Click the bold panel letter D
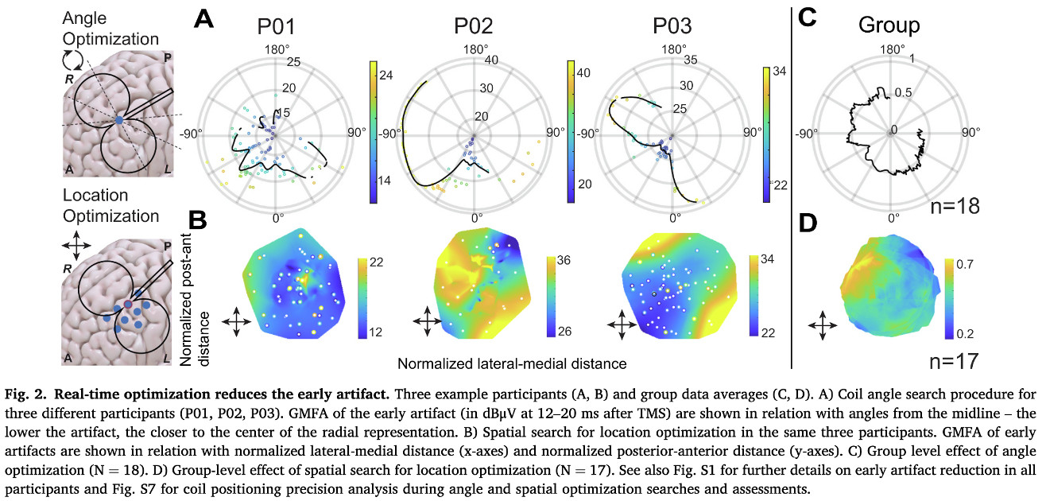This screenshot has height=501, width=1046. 808,224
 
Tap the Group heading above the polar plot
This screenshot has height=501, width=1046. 889,25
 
